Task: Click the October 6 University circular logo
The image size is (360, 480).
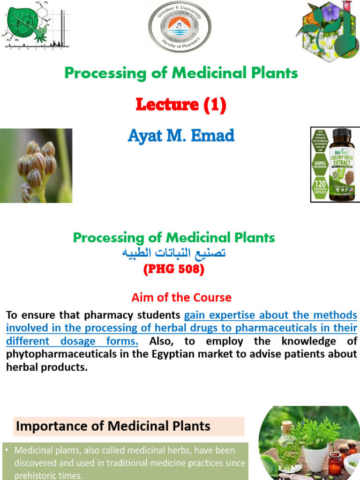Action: pyautogui.click(x=180, y=27)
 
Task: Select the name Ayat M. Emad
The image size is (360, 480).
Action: pyautogui.click(x=180, y=135)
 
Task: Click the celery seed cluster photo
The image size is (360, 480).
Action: pyautogui.click(x=36, y=165)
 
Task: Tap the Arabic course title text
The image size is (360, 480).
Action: pyautogui.click(x=174, y=254)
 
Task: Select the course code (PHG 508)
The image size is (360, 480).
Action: pyautogui.click(x=174, y=270)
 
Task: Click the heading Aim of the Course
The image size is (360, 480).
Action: pyautogui.click(x=181, y=297)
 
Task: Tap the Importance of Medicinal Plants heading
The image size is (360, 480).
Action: pyautogui.click(x=114, y=426)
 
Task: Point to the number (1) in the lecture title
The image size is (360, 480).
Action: pyautogui.click(x=215, y=105)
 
